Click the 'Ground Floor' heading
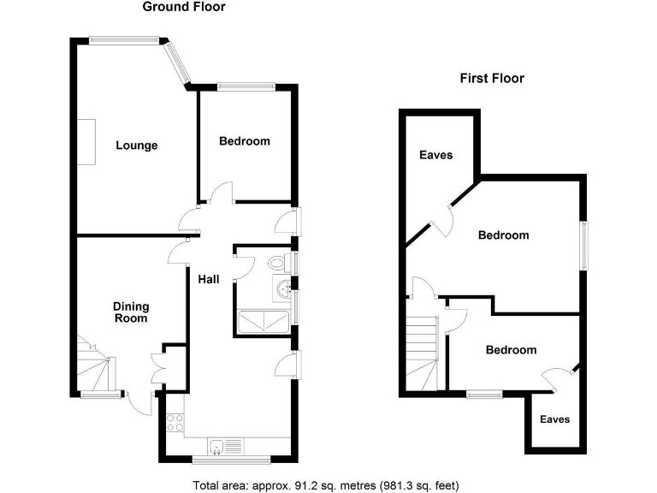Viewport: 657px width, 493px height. (184, 8)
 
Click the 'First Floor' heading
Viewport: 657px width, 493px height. (492, 78)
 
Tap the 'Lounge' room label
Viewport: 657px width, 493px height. (137, 146)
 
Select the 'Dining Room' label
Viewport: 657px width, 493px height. (131, 312)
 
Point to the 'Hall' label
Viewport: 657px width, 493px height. (209, 280)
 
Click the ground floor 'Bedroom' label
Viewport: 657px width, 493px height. (244, 141)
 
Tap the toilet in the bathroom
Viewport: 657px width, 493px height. (277, 263)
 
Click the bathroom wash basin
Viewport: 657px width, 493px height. (282, 289)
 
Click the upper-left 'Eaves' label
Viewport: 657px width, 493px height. (435, 156)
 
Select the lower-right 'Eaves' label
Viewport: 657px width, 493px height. (553, 419)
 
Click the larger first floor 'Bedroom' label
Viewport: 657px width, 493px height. (503, 235)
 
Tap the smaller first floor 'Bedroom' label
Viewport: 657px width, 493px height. (511, 350)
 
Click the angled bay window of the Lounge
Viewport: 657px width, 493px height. (178, 62)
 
